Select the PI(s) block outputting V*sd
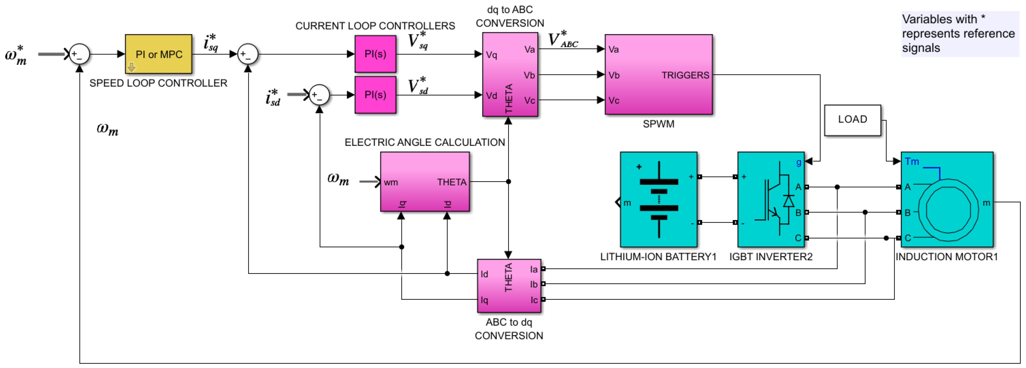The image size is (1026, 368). coord(375,95)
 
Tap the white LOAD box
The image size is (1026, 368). coord(852,120)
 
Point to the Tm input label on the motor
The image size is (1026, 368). coord(912,161)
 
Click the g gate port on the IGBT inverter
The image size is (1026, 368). coord(799,162)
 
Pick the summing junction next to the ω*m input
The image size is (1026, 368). coord(79,54)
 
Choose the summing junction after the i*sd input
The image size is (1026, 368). coord(319,95)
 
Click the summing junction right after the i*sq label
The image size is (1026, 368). coord(248,54)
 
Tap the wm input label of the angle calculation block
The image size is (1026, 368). coord(391,182)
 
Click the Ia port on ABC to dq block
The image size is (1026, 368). coord(534,270)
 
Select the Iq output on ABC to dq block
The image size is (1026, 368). coord(484,300)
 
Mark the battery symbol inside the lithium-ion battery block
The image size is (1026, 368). coord(659,199)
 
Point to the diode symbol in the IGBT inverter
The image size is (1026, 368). coord(788,201)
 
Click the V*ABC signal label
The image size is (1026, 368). coord(563,40)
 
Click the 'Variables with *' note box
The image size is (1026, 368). coord(959,33)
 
